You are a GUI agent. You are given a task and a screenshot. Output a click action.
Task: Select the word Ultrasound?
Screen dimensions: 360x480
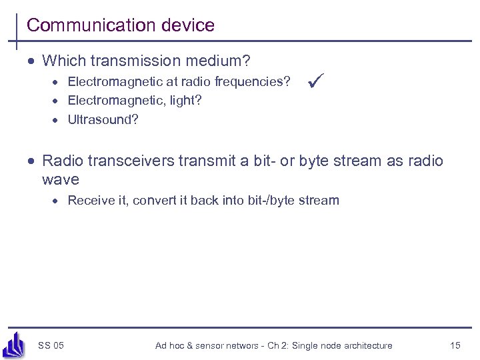103,120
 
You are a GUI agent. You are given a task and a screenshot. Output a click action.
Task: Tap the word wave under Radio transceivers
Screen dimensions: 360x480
60,179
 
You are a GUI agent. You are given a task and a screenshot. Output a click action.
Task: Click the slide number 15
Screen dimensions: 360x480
455,345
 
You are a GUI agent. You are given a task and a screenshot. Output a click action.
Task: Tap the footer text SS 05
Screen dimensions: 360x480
51,345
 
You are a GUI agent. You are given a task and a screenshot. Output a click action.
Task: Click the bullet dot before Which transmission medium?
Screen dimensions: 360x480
31,62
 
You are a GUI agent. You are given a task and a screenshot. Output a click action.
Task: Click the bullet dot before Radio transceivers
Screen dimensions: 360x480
31,161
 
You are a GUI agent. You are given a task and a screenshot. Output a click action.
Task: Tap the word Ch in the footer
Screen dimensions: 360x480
269,345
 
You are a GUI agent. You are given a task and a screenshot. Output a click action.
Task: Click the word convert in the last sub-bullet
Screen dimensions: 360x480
153,200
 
